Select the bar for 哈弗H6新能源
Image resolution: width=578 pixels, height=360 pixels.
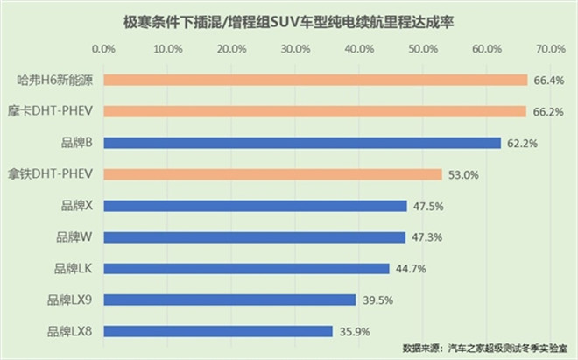pos(315,80)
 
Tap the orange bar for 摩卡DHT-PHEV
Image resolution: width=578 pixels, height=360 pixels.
pos(314,111)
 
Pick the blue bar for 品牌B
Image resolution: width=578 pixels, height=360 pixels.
pos(302,143)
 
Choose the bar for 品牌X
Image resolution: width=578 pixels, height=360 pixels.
pos(256,206)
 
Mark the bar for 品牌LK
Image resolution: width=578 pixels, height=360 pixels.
pos(247,268)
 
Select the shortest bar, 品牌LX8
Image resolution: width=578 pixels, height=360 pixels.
pos(219,331)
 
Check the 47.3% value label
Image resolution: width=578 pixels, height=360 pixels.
pos(426,237)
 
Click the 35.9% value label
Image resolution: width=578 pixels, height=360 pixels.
pos(354,332)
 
